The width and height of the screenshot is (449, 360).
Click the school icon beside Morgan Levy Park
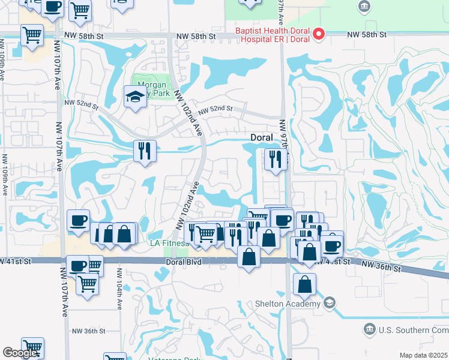tap(135, 96)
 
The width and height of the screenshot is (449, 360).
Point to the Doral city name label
tap(262, 137)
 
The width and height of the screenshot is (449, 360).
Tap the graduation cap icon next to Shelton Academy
tap(329, 304)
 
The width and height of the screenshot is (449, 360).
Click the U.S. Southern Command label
tap(414, 329)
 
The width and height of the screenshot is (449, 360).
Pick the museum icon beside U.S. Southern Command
tap(370, 329)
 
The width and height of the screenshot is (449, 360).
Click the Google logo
tap(19, 353)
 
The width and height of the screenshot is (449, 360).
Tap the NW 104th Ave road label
tap(120, 297)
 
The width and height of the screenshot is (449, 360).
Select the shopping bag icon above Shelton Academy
tap(304, 284)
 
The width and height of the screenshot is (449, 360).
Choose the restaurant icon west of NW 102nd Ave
tap(144, 151)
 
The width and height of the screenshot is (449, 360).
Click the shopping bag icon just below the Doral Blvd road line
tap(249, 257)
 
